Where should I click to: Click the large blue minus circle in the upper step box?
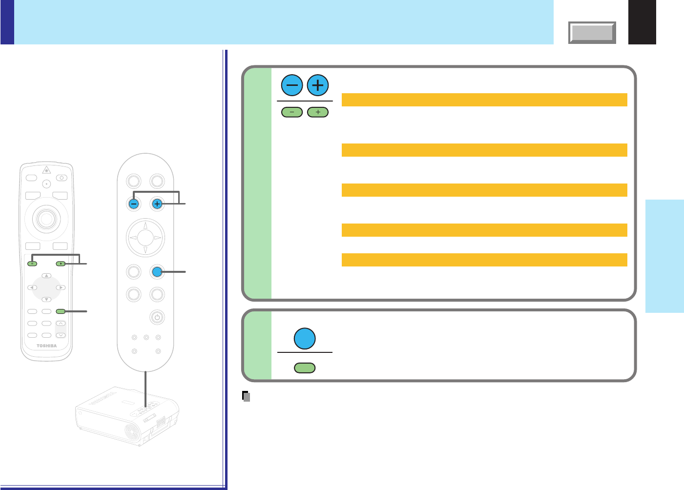pyautogui.click(x=292, y=86)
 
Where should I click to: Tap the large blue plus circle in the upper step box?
pyautogui.click(x=318, y=86)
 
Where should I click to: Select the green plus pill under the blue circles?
pyautogui.click(x=318, y=112)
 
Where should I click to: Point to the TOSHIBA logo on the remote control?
pyautogui.click(x=46, y=346)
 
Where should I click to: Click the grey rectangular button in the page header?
pyautogui.click(x=592, y=33)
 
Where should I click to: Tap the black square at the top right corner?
pyautogui.click(x=642, y=22)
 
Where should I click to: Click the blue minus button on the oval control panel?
pyautogui.click(x=134, y=204)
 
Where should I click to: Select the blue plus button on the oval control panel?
pyautogui.click(x=157, y=204)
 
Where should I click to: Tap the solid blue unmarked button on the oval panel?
pyautogui.click(x=157, y=271)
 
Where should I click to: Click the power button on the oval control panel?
pyautogui.click(x=156, y=317)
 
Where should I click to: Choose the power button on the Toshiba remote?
pyautogui.click(x=62, y=178)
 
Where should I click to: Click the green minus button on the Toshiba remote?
pyautogui.click(x=32, y=264)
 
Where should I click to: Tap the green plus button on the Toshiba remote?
pyautogui.click(x=60, y=264)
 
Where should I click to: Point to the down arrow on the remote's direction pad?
pyautogui.click(x=46, y=299)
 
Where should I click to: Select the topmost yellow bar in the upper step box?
pyautogui.click(x=484, y=100)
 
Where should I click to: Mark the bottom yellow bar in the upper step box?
pyautogui.click(x=484, y=260)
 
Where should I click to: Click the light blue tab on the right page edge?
pyautogui.click(x=664, y=256)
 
